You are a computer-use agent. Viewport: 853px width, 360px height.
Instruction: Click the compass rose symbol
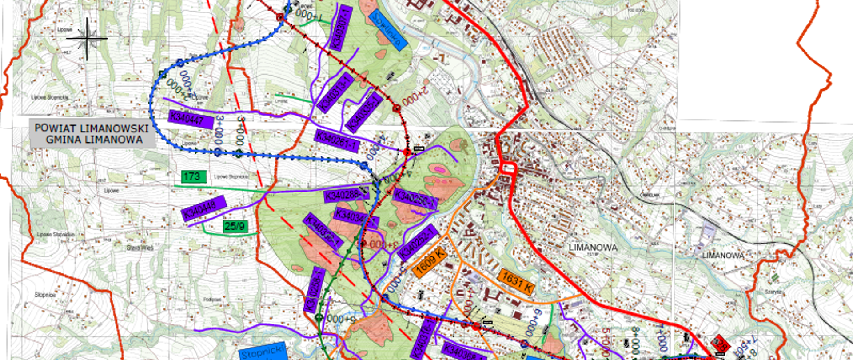(87, 39)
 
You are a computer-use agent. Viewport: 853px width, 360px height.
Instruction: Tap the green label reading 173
(193, 176)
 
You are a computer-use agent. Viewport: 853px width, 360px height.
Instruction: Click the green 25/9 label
(235, 226)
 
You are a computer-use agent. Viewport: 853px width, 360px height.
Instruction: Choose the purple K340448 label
(204, 208)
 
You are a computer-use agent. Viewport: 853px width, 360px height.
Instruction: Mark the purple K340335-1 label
(363, 112)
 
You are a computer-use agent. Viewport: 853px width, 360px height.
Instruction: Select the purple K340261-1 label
(337, 141)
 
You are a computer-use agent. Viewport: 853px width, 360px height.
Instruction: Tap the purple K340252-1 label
(418, 243)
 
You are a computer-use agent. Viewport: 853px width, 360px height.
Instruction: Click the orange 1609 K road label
(429, 261)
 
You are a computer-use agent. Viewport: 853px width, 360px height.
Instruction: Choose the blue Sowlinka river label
(387, 29)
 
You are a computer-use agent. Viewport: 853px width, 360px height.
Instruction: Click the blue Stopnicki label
(263, 352)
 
